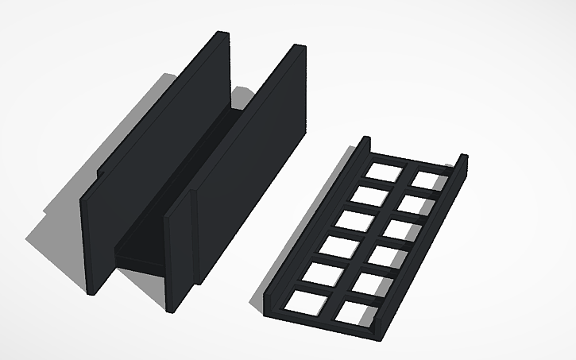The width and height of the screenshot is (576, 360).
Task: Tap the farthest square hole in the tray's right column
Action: click(x=427, y=178)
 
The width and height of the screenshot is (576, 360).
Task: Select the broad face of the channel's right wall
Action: click(x=246, y=175)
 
